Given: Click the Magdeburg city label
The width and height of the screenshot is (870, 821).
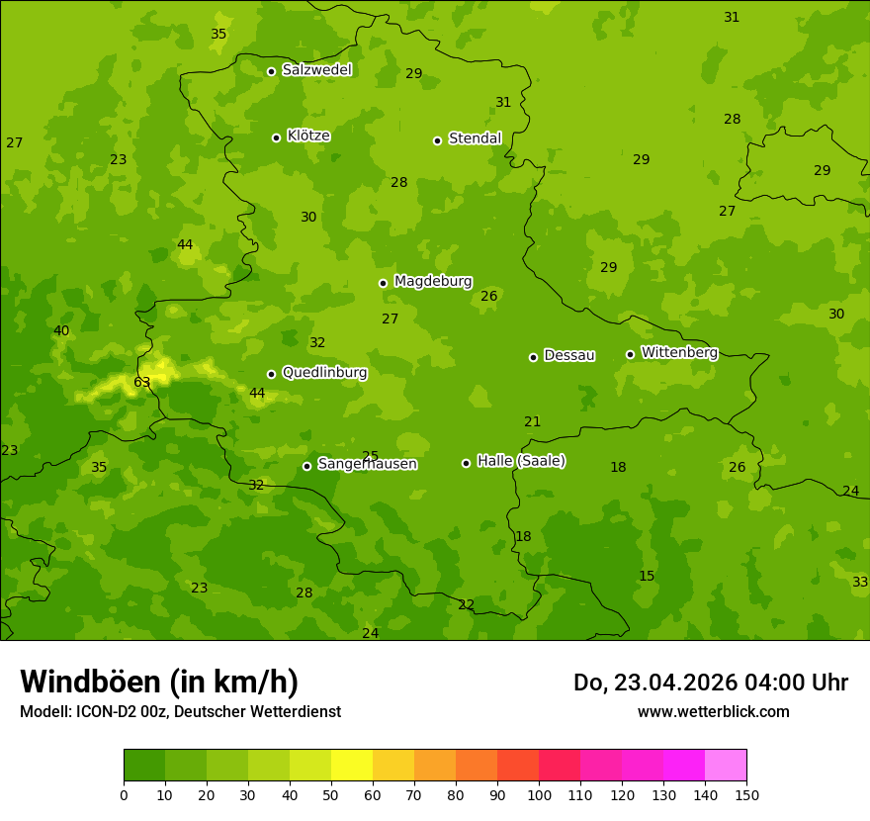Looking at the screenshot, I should pos(433,282).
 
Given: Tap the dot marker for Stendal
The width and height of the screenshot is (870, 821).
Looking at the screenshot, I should pos(437,140).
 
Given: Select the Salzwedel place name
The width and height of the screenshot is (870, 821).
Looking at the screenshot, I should pos(316,70).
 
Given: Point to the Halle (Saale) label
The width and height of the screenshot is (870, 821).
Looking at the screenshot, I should pos(521,461).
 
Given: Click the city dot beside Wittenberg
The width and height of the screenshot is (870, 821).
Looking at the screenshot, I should pos(630,354).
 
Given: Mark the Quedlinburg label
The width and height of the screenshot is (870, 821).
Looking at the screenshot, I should pos(324,373).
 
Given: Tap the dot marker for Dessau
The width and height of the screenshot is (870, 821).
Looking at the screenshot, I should pos(533,357).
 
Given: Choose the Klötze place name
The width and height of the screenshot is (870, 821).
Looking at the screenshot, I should pos(308,137).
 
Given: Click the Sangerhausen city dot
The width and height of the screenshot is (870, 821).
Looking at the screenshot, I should pos(306,466).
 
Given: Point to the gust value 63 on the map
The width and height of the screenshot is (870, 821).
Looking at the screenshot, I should pos(142,383).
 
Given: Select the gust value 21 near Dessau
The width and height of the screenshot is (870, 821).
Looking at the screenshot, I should pos(533,422).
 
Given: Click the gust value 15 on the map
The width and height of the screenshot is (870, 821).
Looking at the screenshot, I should pos(647,577).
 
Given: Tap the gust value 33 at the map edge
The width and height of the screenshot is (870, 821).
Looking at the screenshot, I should pos(860,583).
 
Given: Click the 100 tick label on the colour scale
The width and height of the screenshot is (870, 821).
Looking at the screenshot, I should pos(539,794).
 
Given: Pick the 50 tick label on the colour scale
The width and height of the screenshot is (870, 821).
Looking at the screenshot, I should pos(331,794).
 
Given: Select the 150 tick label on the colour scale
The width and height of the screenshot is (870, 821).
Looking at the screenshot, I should pos(746,794).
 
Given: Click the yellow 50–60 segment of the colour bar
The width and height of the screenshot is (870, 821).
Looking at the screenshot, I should pos(352,765).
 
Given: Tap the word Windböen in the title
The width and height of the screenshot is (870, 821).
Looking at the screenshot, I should pos(90,682).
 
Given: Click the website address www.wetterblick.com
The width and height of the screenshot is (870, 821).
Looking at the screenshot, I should pos(713,712).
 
